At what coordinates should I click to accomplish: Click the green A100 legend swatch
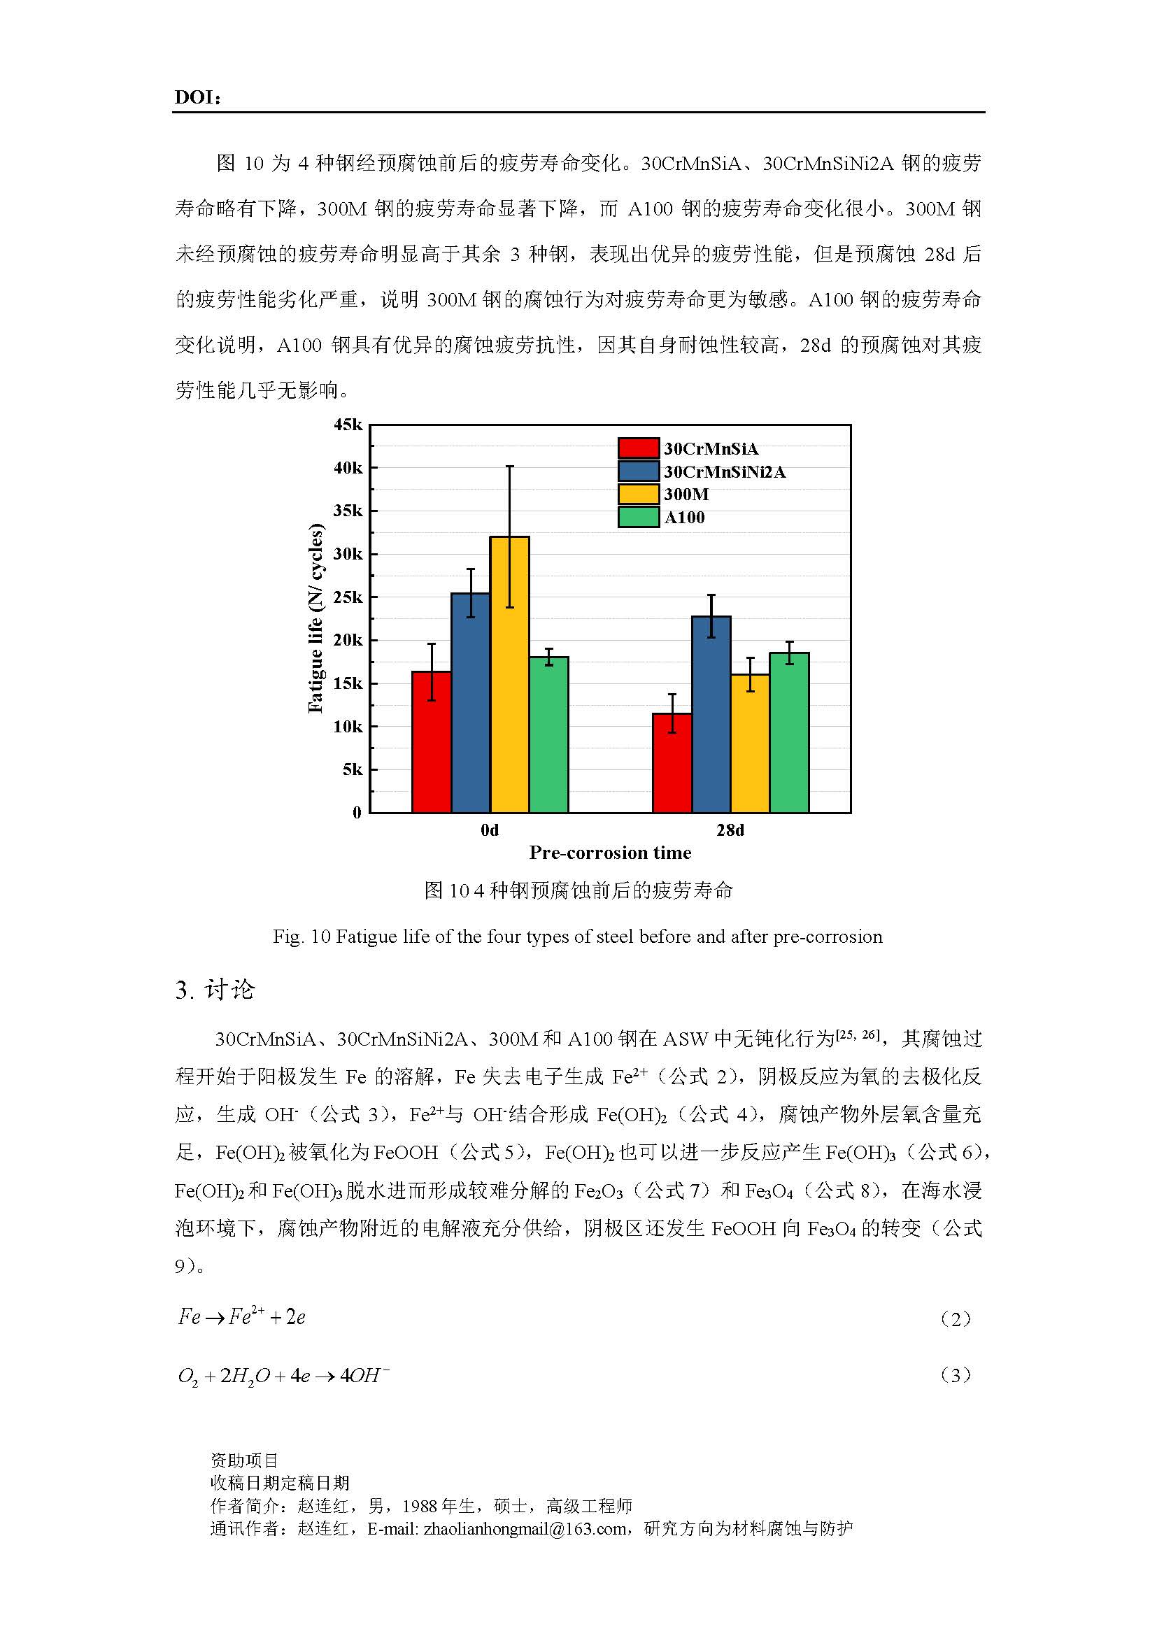pos(638,518)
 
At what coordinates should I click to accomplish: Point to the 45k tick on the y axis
pos(348,425)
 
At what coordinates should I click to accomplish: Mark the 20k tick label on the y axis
pos(348,641)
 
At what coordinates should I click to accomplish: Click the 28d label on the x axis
pos(730,830)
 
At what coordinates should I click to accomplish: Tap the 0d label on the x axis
pos(490,830)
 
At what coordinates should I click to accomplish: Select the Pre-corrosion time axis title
pos(610,853)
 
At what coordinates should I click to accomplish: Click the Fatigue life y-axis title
pos(315,618)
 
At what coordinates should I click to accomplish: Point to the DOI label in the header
pos(197,99)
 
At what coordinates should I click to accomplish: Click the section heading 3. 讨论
pos(215,990)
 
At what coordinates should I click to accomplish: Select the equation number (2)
pos(956,1319)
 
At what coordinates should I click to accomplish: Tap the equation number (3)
pos(956,1375)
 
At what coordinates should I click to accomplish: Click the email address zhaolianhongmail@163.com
pos(525,1528)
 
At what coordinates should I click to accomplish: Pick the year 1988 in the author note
pos(420,1506)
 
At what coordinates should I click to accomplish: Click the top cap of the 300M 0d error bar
pos(509,467)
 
